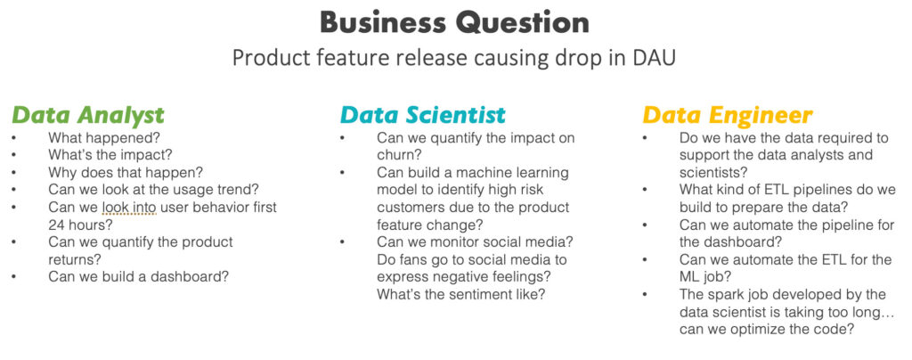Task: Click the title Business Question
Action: tap(454, 22)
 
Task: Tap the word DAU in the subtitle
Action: tap(654, 58)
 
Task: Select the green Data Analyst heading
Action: tap(88, 115)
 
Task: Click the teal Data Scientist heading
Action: tap(423, 115)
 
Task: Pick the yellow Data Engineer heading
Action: tap(727, 115)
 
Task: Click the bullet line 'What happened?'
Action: tap(103, 138)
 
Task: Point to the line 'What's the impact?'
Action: tap(110, 155)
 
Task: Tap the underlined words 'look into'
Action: tap(128, 208)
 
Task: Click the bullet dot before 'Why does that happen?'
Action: tap(13, 173)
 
